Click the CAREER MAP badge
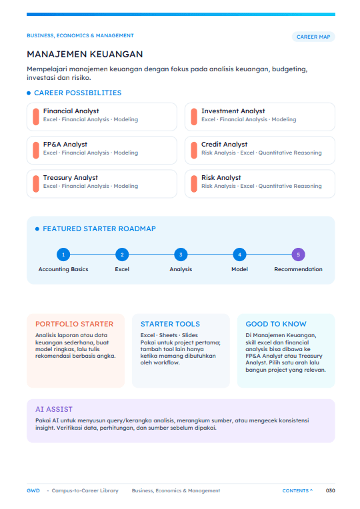[313, 37]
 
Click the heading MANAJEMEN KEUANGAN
[85, 54]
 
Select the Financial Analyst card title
[71, 111]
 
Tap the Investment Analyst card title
[233, 111]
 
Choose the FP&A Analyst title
[65, 145]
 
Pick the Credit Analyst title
[224, 145]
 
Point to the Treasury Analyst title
[71, 178]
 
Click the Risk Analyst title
[221, 178]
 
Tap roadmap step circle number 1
[63, 254]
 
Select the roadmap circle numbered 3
[181, 254]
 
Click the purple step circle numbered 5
[298, 254]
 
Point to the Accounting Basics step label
[63, 269]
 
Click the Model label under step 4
[239, 269]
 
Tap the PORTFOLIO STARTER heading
[75, 324]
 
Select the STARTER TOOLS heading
[170, 324]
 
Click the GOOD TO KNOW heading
[276, 324]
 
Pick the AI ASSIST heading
[54, 409]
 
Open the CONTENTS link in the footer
[297, 490]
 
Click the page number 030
[331, 490]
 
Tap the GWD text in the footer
[33, 490]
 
